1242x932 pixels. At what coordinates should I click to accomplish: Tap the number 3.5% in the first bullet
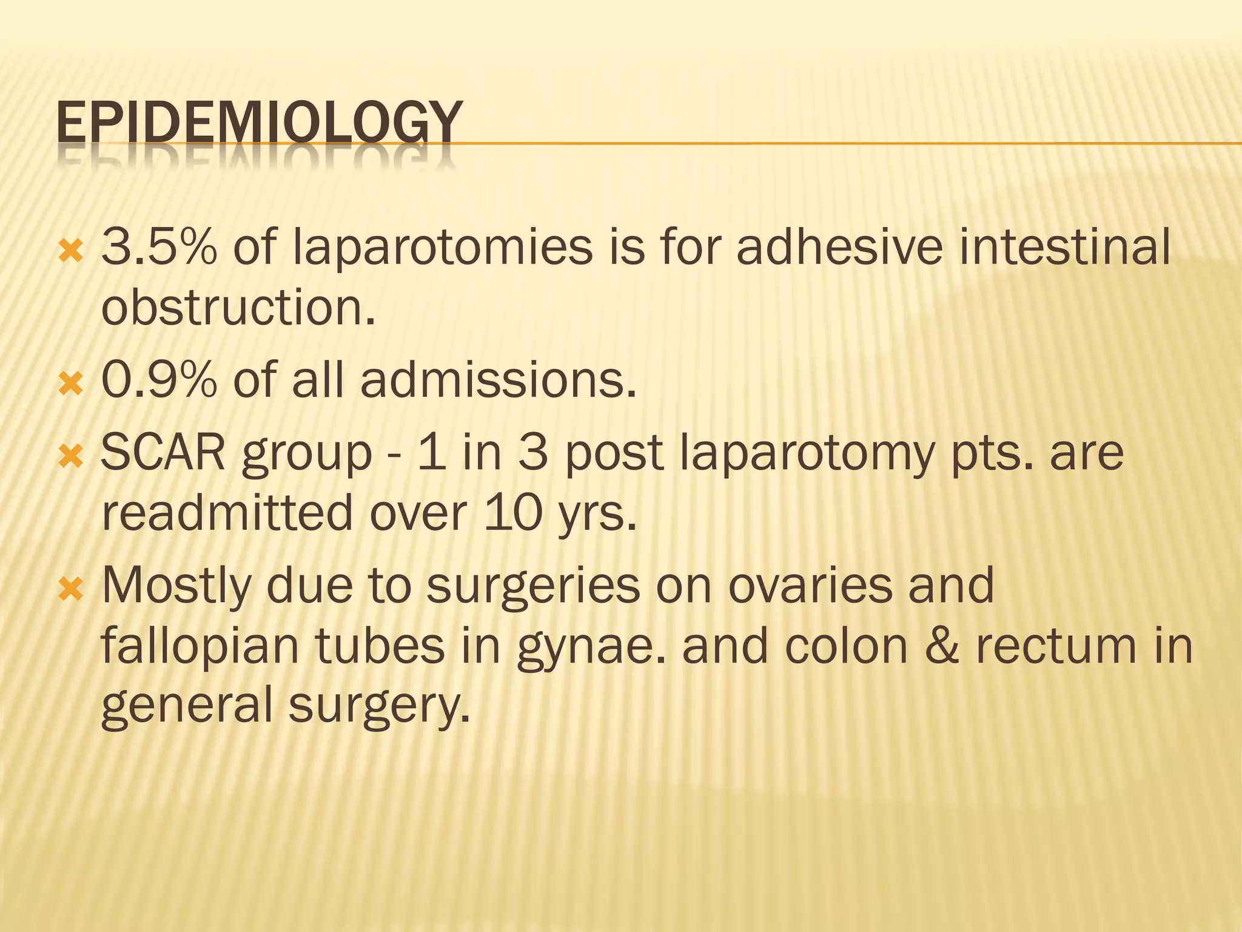coord(159,247)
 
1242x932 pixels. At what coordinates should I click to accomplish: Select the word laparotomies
coord(442,249)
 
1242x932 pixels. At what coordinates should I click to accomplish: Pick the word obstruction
coord(238,306)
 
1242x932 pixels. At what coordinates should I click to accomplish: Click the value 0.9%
coord(159,380)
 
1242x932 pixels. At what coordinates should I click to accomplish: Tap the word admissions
coord(498,380)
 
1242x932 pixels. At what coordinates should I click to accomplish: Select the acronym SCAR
coord(163,453)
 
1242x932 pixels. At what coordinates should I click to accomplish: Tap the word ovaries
coord(810,586)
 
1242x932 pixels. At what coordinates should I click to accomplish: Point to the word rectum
coord(1056,646)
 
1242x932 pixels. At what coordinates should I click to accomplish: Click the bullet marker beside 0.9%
coord(70,383)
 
